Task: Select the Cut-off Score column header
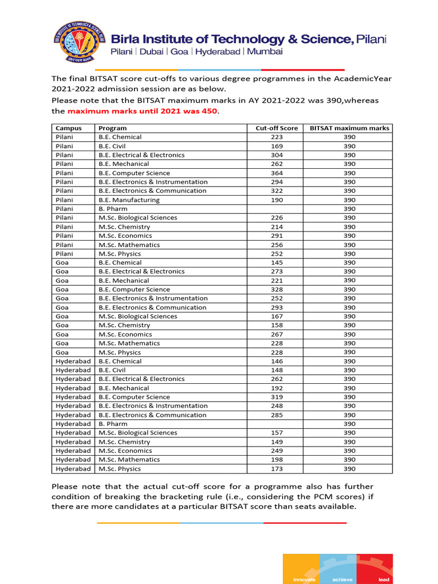[277, 128]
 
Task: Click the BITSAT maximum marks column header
[349, 128]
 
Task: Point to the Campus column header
[68, 128]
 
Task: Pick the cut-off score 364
[277, 173]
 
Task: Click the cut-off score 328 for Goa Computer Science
[277, 289]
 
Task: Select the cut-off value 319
[277, 397]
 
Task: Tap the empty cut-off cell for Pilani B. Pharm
[277, 209]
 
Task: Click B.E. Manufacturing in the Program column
[129, 200]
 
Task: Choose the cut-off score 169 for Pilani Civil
[277, 146]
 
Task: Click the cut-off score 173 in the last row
[277, 469]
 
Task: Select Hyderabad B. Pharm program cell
[113, 424]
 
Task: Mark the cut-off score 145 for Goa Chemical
[277, 262]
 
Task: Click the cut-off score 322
[277, 191]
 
